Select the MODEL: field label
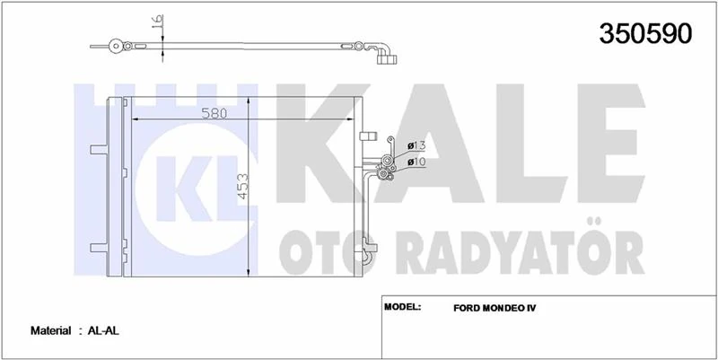(403, 307)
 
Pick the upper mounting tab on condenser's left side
(95, 149)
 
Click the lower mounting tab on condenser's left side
(95, 245)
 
